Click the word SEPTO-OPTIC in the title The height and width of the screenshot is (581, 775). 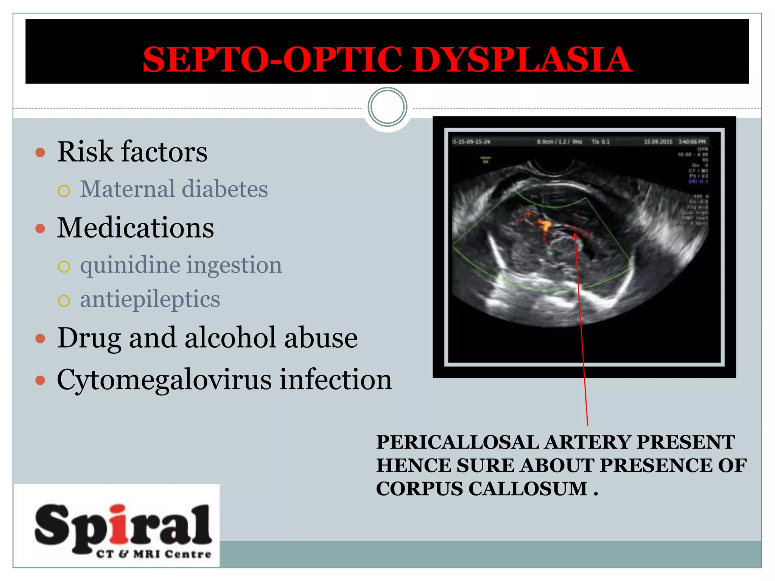click(x=272, y=60)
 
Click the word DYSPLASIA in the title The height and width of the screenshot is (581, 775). click(x=522, y=60)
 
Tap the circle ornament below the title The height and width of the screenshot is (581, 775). click(x=387, y=107)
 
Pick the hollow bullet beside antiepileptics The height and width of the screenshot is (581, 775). click(x=64, y=301)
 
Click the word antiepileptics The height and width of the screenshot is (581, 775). click(x=150, y=299)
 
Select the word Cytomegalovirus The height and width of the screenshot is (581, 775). click(x=164, y=379)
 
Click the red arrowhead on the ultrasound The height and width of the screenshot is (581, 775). click(x=575, y=237)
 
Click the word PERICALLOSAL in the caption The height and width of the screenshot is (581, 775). click(x=458, y=442)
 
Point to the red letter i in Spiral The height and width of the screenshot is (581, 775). click(x=120, y=524)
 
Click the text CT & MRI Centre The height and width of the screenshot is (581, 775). click(x=153, y=554)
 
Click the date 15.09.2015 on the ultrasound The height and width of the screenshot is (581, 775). click(x=658, y=142)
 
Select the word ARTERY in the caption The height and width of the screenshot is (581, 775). click(x=587, y=442)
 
